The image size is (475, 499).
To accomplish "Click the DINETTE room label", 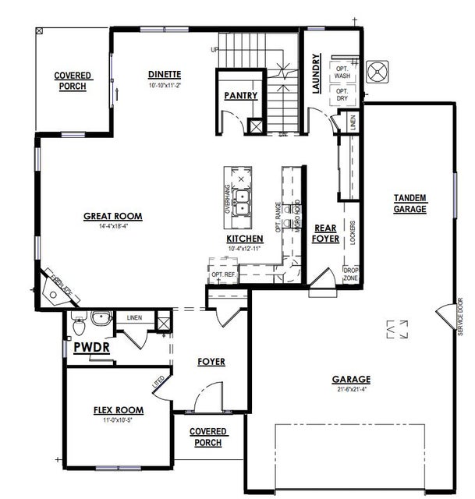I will tap(165, 75).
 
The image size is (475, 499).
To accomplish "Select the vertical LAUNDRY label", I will tap(317, 74).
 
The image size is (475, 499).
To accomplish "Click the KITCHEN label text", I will tap(244, 238).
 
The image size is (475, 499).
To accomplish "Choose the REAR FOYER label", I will tap(326, 233).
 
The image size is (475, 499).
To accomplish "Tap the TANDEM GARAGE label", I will tap(410, 203).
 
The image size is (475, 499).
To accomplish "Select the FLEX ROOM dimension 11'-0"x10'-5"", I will tap(117, 419).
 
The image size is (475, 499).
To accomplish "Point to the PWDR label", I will tap(91, 348).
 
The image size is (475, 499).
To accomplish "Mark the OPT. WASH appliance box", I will tap(342, 71).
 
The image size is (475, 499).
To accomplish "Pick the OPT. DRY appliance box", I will tap(342, 94).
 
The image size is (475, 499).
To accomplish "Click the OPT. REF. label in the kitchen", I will tap(222, 274).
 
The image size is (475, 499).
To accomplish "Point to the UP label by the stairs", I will tap(214, 50).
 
